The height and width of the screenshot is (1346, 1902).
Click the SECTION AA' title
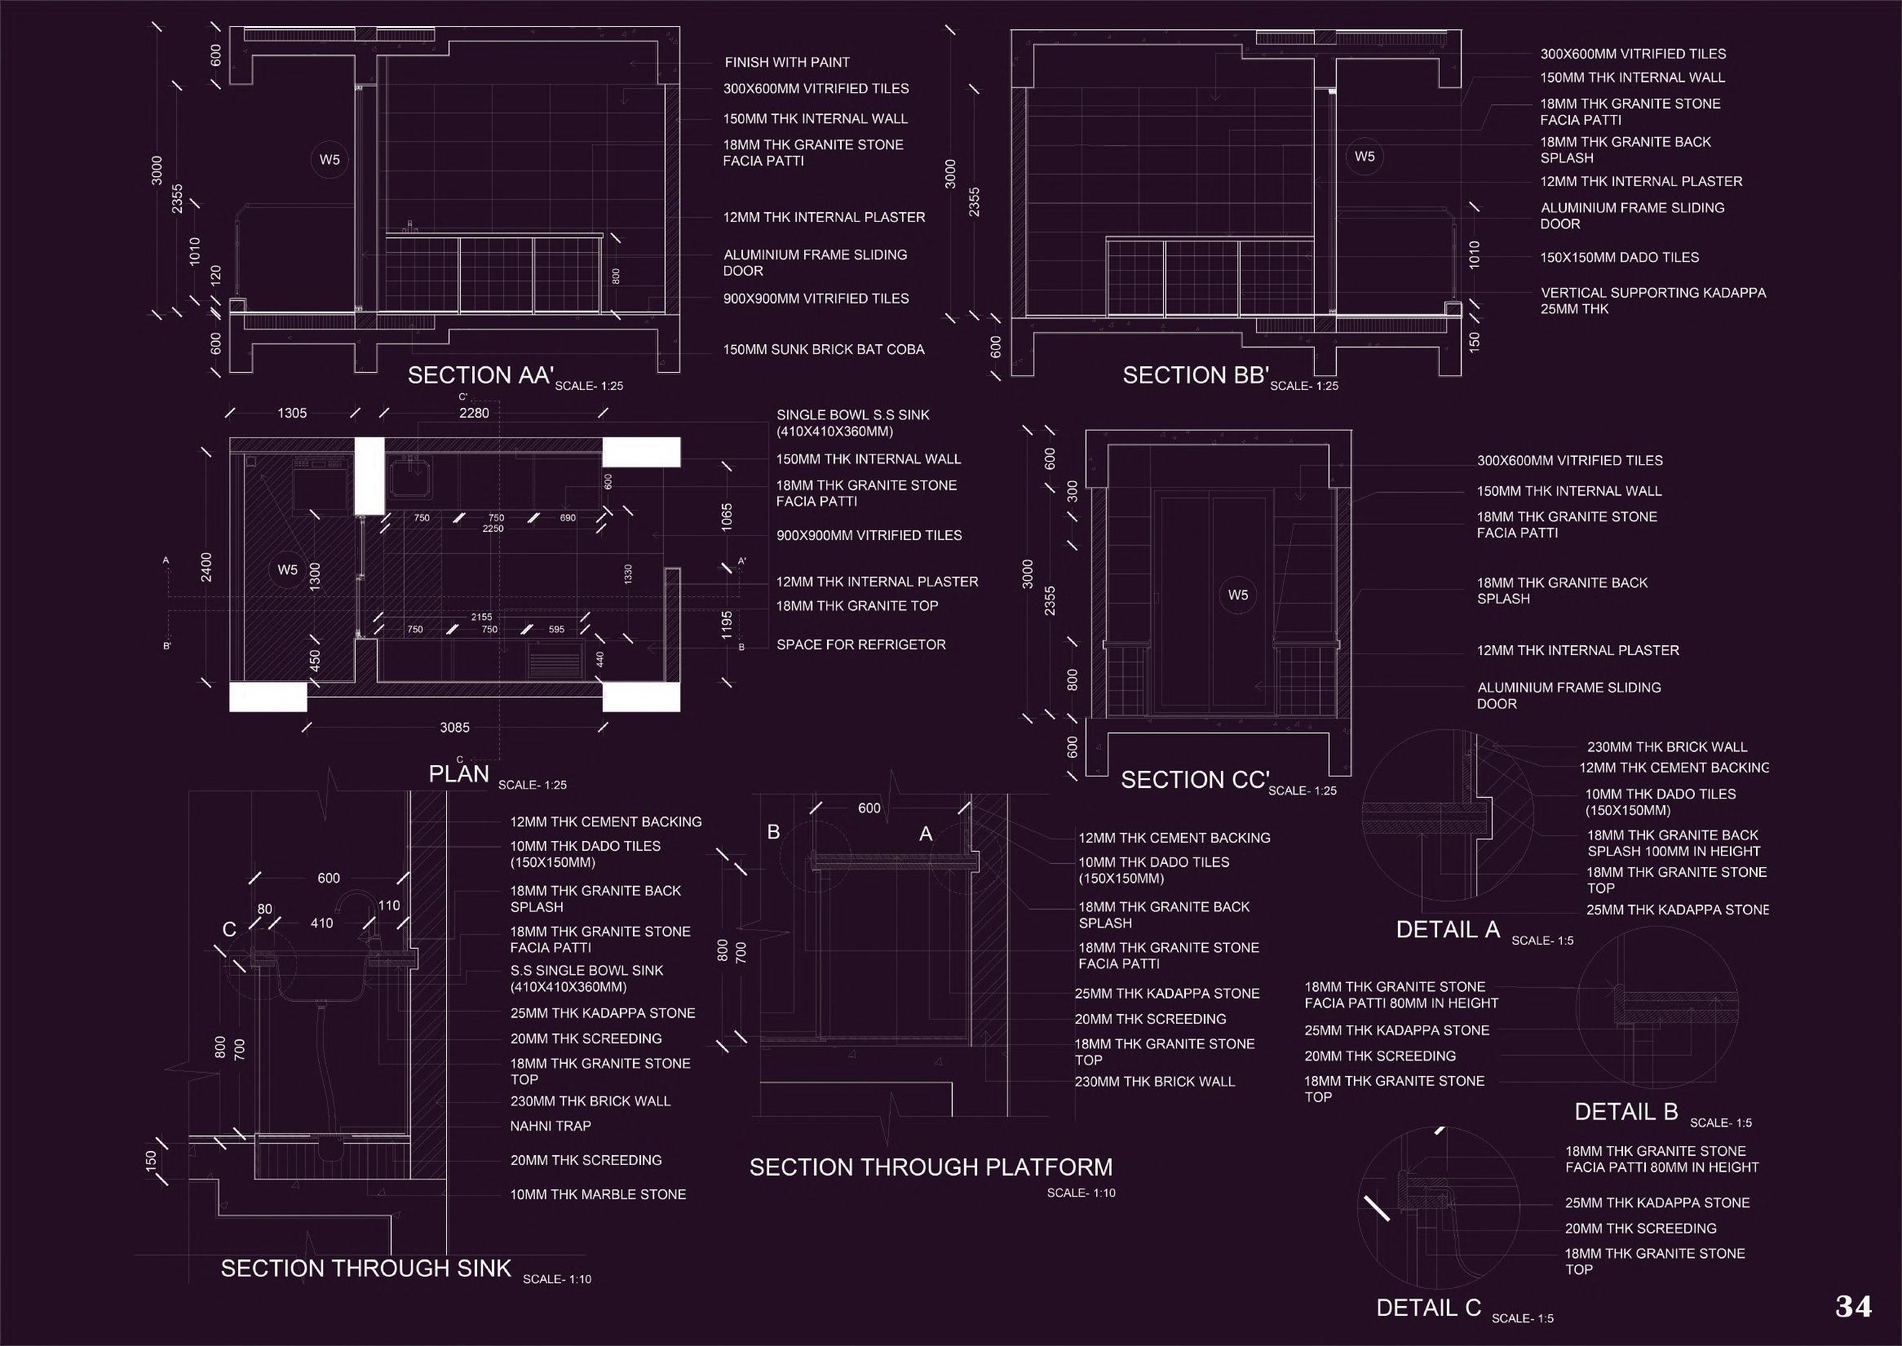tap(480, 375)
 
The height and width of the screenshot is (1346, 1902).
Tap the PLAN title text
tap(459, 774)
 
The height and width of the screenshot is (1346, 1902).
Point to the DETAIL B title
tap(1626, 1111)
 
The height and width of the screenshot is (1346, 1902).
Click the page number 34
tap(1853, 1307)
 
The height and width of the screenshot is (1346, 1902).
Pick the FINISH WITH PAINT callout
tap(786, 62)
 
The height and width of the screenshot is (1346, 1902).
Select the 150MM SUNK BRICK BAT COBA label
tap(823, 350)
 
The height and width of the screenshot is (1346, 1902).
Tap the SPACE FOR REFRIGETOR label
tap(860, 644)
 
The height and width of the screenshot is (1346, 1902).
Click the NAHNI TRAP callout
tap(551, 1126)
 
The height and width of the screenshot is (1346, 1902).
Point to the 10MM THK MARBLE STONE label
tap(598, 1194)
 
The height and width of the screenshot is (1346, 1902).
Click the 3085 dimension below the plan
tap(454, 728)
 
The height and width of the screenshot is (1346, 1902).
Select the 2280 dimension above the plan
tap(474, 413)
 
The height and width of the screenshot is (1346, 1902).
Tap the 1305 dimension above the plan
tap(292, 413)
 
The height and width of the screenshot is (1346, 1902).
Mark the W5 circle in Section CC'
tap(1237, 595)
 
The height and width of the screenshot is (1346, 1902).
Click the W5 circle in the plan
tap(288, 569)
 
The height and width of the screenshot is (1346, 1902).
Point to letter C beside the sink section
tap(229, 930)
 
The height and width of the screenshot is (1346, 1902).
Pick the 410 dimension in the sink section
tap(321, 923)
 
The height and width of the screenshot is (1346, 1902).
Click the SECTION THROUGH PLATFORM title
tap(931, 1167)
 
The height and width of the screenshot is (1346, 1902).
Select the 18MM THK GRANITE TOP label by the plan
tap(857, 606)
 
